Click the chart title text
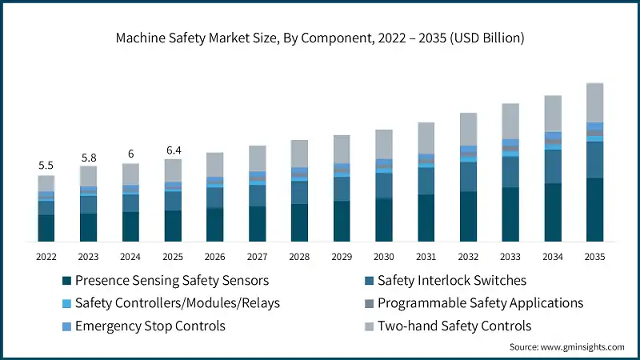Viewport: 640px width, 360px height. click(x=319, y=38)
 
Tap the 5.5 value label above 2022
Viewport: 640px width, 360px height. click(x=46, y=166)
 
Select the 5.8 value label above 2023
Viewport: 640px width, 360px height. click(x=88, y=158)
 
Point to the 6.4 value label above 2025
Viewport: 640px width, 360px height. click(x=173, y=150)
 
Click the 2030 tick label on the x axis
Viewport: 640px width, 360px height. click(x=383, y=257)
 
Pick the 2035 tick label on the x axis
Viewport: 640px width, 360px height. click(x=594, y=257)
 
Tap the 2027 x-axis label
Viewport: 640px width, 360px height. click(x=257, y=257)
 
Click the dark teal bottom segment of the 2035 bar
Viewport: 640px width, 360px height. click(x=594, y=210)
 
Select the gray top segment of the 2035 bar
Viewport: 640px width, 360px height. click(x=594, y=102)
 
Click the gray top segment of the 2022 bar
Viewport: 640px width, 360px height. click(x=46, y=183)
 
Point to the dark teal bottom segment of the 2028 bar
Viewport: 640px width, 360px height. click(x=299, y=222)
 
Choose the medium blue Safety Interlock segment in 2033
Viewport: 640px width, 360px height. click(x=510, y=172)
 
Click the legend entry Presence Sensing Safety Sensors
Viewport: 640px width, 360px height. click(x=171, y=281)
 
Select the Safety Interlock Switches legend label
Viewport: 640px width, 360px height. click(x=452, y=281)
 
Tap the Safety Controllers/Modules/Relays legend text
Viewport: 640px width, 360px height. click(x=177, y=303)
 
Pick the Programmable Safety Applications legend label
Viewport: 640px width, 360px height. click(x=480, y=303)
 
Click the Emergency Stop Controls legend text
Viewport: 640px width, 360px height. click(x=150, y=326)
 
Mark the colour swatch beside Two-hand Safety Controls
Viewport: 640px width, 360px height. click(x=369, y=326)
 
